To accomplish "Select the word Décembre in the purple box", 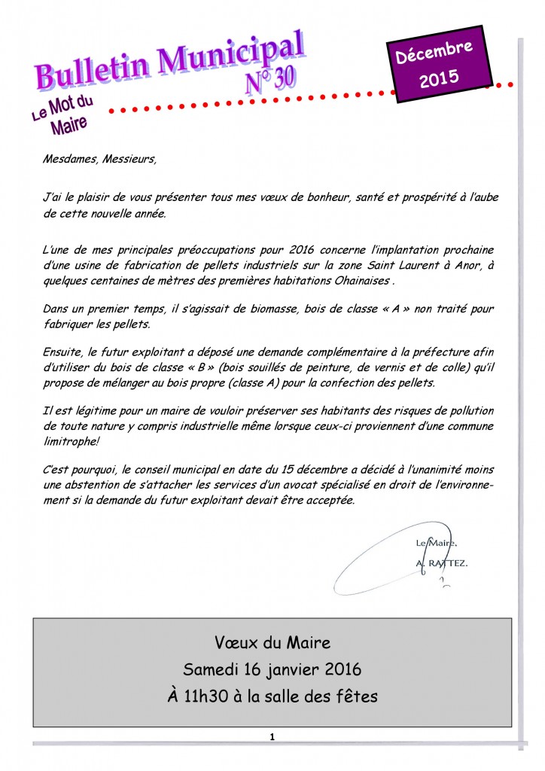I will (441, 54).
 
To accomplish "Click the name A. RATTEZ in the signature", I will (441, 562).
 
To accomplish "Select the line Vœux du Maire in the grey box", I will (272, 642).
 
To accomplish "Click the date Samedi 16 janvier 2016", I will (272, 669).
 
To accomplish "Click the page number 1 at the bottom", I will (272, 736).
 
